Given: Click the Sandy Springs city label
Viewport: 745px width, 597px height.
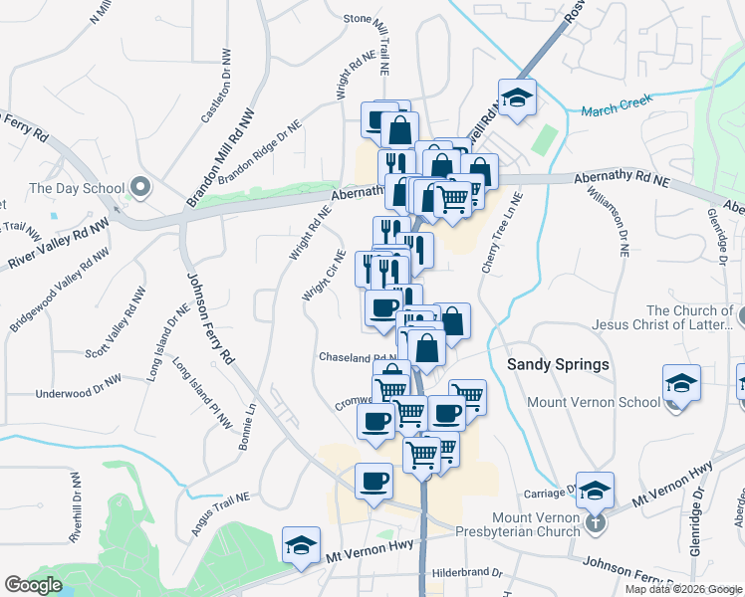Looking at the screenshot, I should tap(558, 364).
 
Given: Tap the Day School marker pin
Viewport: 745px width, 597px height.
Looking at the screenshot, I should tap(140, 187).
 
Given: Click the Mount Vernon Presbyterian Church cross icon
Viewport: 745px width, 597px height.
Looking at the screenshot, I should tap(595, 520).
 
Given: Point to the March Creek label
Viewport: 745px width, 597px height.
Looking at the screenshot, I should tap(617, 105).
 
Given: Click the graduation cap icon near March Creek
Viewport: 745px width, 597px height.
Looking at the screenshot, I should tap(517, 98).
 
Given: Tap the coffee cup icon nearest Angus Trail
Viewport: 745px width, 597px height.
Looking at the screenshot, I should tap(374, 482).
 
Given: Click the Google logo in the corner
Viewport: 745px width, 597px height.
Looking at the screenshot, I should tap(34, 584).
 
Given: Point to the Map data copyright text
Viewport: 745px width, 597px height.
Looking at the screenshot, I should tap(683, 589).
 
